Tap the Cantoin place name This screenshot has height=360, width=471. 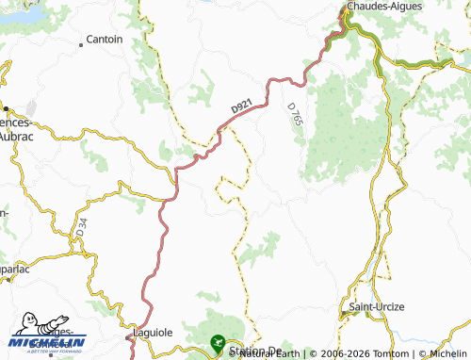[x=104, y=40]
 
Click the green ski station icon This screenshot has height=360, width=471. [x=219, y=341]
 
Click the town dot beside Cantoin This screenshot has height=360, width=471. [x=81, y=40]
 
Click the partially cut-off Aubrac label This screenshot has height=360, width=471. [x=17, y=136]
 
